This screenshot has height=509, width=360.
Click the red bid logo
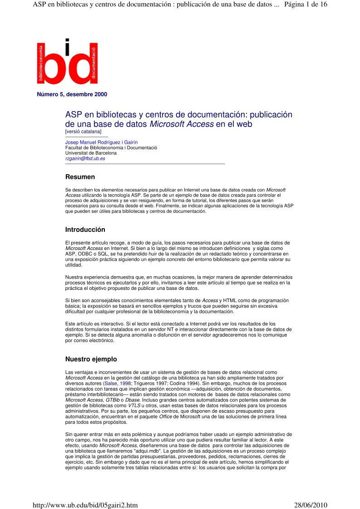tap(67, 63)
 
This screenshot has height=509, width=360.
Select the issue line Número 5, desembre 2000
tap(72, 95)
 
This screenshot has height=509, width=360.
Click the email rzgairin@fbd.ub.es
tap(85, 159)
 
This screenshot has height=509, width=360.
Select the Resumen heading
tap(80, 177)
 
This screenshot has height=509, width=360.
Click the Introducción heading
tap(85, 230)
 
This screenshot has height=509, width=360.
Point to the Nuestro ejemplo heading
tap(91, 359)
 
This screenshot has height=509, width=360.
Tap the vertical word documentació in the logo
tap(93, 63)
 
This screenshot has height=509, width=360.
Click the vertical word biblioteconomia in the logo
tap(41, 63)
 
